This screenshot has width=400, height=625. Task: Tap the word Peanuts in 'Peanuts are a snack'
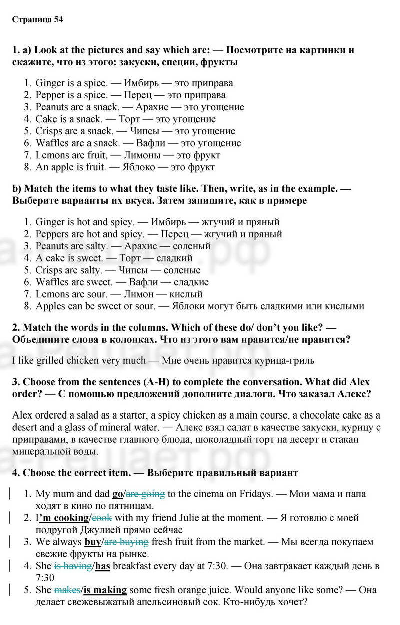[51, 107]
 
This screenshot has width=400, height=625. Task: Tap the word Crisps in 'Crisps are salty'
[49, 270]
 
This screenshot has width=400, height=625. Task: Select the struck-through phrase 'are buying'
[126, 542]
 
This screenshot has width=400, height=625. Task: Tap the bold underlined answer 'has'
[103, 566]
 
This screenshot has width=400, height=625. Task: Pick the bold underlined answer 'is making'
[105, 590]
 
